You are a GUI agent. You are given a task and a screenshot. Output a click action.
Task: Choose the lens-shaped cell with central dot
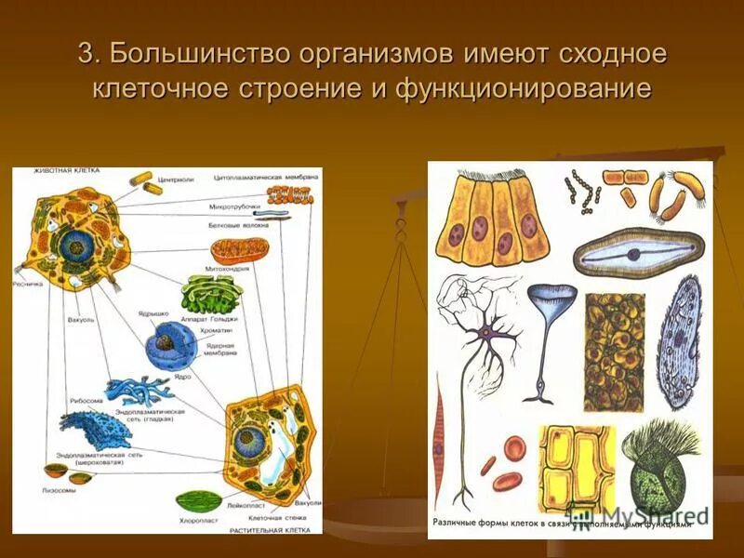(x=637, y=253)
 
